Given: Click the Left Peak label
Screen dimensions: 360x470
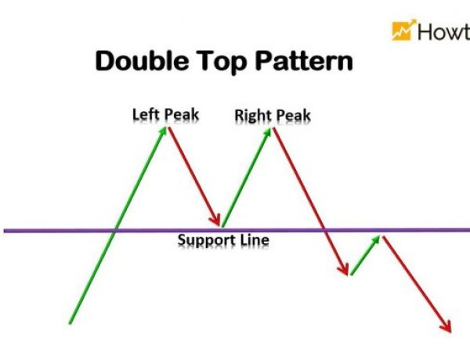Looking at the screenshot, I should coord(165,115).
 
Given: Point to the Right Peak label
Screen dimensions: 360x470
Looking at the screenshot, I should coord(273,117).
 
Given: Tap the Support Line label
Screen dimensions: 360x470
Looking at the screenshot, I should coord(223,239).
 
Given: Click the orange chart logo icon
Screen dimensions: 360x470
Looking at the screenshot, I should coord(403,31).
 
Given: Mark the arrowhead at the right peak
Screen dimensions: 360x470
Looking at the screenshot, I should coord(269,131).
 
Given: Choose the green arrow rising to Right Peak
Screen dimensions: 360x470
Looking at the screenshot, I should coord(247,177).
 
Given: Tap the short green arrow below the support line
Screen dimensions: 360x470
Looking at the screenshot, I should coord(366,255).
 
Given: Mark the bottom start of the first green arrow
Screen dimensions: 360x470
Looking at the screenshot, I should coord(70,322).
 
